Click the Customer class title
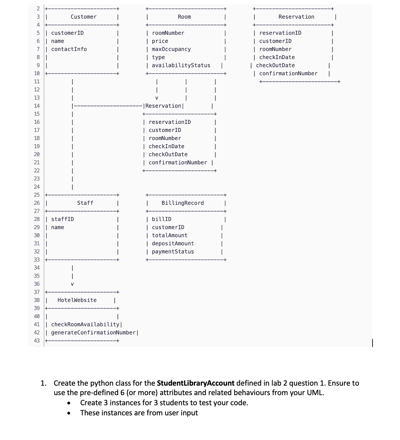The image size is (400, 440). [x=83, y=17]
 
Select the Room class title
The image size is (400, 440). [x=184, y=17]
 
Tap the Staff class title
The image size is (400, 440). [x=85, y=203]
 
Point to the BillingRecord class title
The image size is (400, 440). [x=183, y=203]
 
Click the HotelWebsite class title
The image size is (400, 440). [x=77, y=300]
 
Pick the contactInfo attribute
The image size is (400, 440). [x=69, y=49]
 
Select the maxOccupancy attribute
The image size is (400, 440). [x=171, y=49]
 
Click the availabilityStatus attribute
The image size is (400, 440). [x=181, y=65]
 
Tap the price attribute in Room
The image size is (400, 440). [x=160, y=41]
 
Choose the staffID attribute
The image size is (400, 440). [x=63, y=219]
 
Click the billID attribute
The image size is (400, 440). [x=162, y=219]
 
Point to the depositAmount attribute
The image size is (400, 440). [x=173, y=243]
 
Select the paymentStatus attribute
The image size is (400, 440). [x=173, y=252]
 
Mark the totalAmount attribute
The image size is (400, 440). [x=170, y=235]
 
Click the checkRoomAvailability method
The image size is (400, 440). [x=85, y=324]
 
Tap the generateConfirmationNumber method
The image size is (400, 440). [x=93, y=333]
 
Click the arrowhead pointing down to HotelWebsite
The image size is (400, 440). [x=72, y=284]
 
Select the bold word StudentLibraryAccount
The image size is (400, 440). [x=196, y=383]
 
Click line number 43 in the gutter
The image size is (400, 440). [x=37, y=340]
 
